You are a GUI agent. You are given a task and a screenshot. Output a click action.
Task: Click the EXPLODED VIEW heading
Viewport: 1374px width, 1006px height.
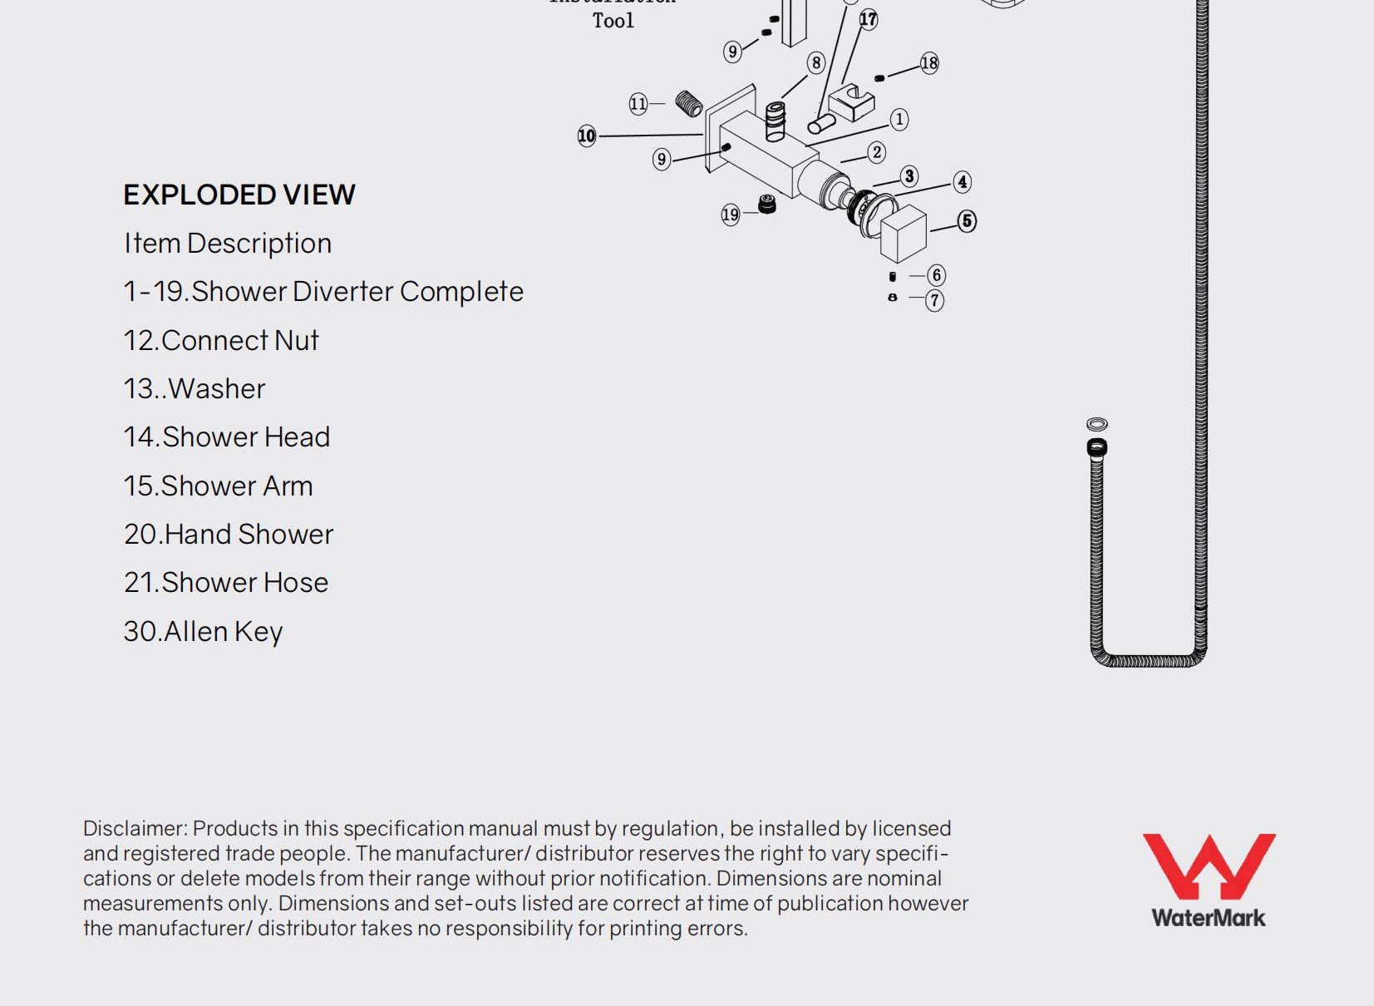tap(239, 195)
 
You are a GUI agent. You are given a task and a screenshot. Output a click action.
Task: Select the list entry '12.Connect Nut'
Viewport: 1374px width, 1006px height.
tap(221, 340)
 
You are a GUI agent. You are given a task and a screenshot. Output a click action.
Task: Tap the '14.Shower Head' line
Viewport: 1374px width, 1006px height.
tap(227, 436)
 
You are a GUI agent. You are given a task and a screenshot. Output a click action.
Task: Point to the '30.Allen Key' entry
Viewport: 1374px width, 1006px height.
tap(204, 631)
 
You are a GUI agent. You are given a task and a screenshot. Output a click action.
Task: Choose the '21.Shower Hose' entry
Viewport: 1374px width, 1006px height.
tap(226, 582)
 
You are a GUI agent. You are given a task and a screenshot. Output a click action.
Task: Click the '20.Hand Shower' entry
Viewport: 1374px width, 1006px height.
tap(229, 534)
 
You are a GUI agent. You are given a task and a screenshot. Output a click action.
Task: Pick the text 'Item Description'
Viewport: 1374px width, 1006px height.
tap(228, 243)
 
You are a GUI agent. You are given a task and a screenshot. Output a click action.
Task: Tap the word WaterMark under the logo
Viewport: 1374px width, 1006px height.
tap(1209, 918)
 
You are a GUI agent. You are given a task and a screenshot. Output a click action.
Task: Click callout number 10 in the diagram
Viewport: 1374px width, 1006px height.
tap(587, 136)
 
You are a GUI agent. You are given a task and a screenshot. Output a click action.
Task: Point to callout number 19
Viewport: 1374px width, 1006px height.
tap(730, 215)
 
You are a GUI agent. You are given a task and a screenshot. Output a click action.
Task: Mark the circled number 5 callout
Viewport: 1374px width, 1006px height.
tap(967, 221)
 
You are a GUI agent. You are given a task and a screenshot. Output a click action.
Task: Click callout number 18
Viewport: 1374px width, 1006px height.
tap(929, 63)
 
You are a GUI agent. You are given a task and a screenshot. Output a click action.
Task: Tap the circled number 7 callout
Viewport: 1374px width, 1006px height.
tap(935, 300)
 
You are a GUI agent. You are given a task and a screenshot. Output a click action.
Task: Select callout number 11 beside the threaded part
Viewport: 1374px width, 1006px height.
tap(638, 104)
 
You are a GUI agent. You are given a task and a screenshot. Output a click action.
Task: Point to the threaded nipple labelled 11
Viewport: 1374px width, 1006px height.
tap(689, 103)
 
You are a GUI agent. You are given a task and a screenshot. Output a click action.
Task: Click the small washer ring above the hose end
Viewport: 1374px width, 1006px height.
tap(1097, 424)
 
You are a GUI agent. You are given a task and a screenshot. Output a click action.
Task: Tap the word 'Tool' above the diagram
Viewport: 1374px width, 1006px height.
tap(613, 21)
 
